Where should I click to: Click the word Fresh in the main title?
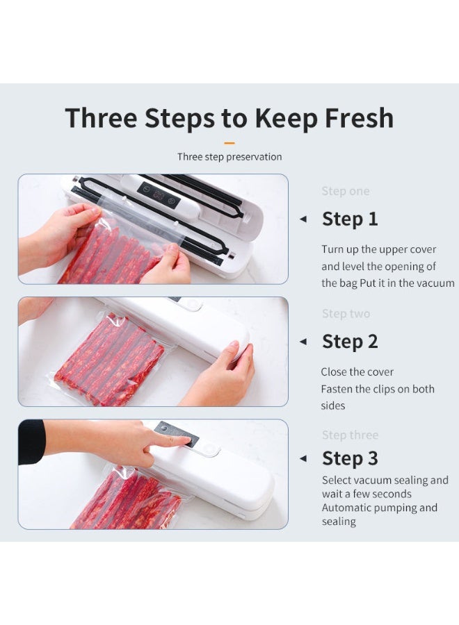tap(360, 117)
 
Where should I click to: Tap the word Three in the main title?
tap(101, 117)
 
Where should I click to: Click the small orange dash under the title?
tap(229, 143)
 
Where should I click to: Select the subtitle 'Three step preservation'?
tap(229, 157)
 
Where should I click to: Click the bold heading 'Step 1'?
tap(350, 219)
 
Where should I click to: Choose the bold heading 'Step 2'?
tap(350, 342)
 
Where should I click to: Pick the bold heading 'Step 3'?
tap(350, 458)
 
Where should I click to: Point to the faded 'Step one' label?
tap(345, 191)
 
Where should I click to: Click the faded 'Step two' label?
tap(346, 314)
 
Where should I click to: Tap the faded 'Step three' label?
tap(350, 435)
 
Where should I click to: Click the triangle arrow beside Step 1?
tap(303, 219)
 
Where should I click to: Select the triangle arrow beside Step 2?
tap(303, 342)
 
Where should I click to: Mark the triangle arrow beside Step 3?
tap(303, 458)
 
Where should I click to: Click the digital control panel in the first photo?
tap(159, 195)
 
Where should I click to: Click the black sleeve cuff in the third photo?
tap(31, 442)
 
